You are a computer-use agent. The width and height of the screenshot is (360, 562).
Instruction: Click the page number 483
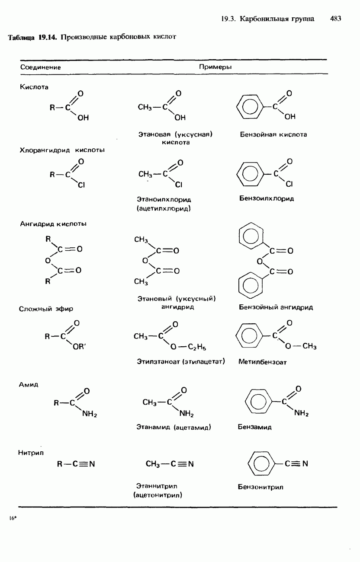pos(335,19)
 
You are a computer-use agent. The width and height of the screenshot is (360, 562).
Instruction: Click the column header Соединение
pos(41,67)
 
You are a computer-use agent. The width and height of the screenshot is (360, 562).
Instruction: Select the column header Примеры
pos(215,67)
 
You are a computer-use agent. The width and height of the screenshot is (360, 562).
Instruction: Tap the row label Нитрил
pos(31,453)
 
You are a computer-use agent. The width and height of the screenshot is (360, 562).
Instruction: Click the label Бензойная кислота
pos(273,134)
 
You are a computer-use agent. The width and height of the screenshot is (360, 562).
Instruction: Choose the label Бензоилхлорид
pos(267,198)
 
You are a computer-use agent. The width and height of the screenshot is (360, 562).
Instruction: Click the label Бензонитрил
pos(260,487)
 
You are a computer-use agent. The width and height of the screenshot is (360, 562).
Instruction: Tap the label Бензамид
pos(255,427)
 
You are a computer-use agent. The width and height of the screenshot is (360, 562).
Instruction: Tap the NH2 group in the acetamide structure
pos(186,414)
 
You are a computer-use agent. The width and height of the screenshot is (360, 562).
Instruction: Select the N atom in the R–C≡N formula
pos(91,464)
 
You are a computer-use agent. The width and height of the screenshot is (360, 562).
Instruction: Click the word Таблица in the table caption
pos(22,38)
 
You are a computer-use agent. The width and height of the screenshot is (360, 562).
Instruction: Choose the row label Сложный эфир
pos(46,309)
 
